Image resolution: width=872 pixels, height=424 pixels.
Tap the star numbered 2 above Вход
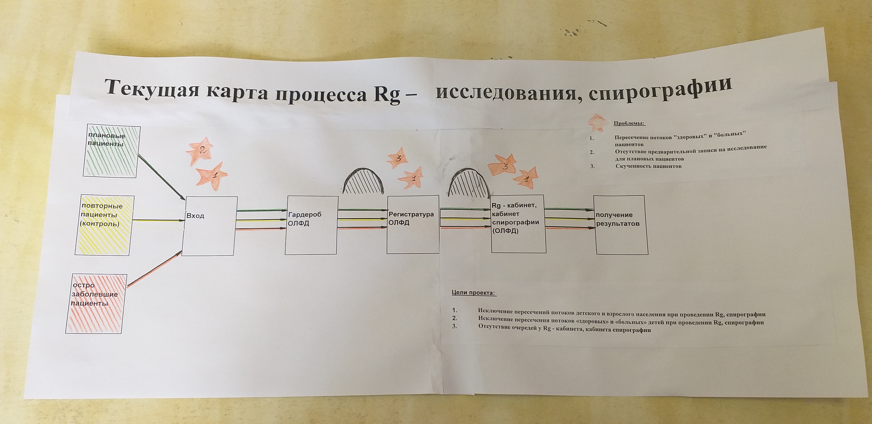coord(200,151)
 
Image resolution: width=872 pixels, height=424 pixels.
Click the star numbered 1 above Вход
coord(212,176)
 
